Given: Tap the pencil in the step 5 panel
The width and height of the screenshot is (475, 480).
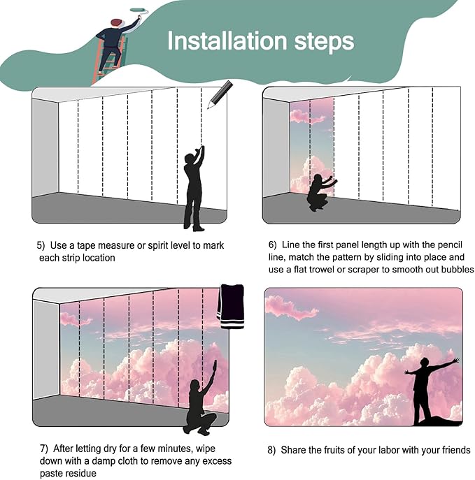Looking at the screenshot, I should tap(220, 94).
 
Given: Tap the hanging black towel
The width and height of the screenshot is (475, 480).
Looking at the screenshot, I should tap(231, 306).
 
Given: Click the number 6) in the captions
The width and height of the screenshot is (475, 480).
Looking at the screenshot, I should tap(273, 245).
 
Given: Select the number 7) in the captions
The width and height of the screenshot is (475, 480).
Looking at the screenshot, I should tap(43, 447).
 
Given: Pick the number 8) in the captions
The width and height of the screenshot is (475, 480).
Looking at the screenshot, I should tap(271, 450).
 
